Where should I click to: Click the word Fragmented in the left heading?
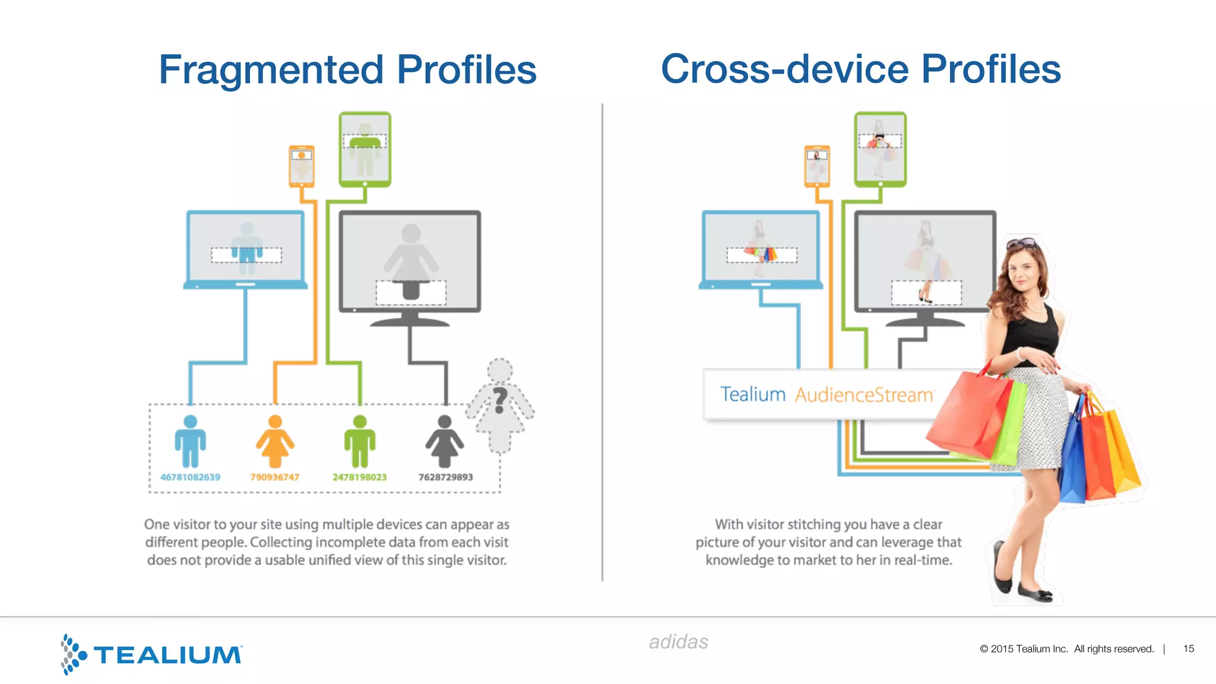pos(271,70)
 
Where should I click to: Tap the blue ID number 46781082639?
pos(190,477)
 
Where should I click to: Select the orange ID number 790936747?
pos(274,477)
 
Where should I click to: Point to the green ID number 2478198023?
pos(359,477)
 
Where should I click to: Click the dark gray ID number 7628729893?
pos(445,477)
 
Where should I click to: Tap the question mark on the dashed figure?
pos(501,400)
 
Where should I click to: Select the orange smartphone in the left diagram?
pos(302,166)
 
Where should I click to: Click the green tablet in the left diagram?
pos(365,148)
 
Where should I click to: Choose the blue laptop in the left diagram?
pos(245,249)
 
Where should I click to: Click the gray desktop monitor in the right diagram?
pos(924,261)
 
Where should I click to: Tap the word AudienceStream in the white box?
pos(864,395)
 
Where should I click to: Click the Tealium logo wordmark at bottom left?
pos(167,655)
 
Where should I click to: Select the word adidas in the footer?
pos(678,642)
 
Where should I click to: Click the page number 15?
pos(1188,648)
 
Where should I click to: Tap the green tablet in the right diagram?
pos(880,148)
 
